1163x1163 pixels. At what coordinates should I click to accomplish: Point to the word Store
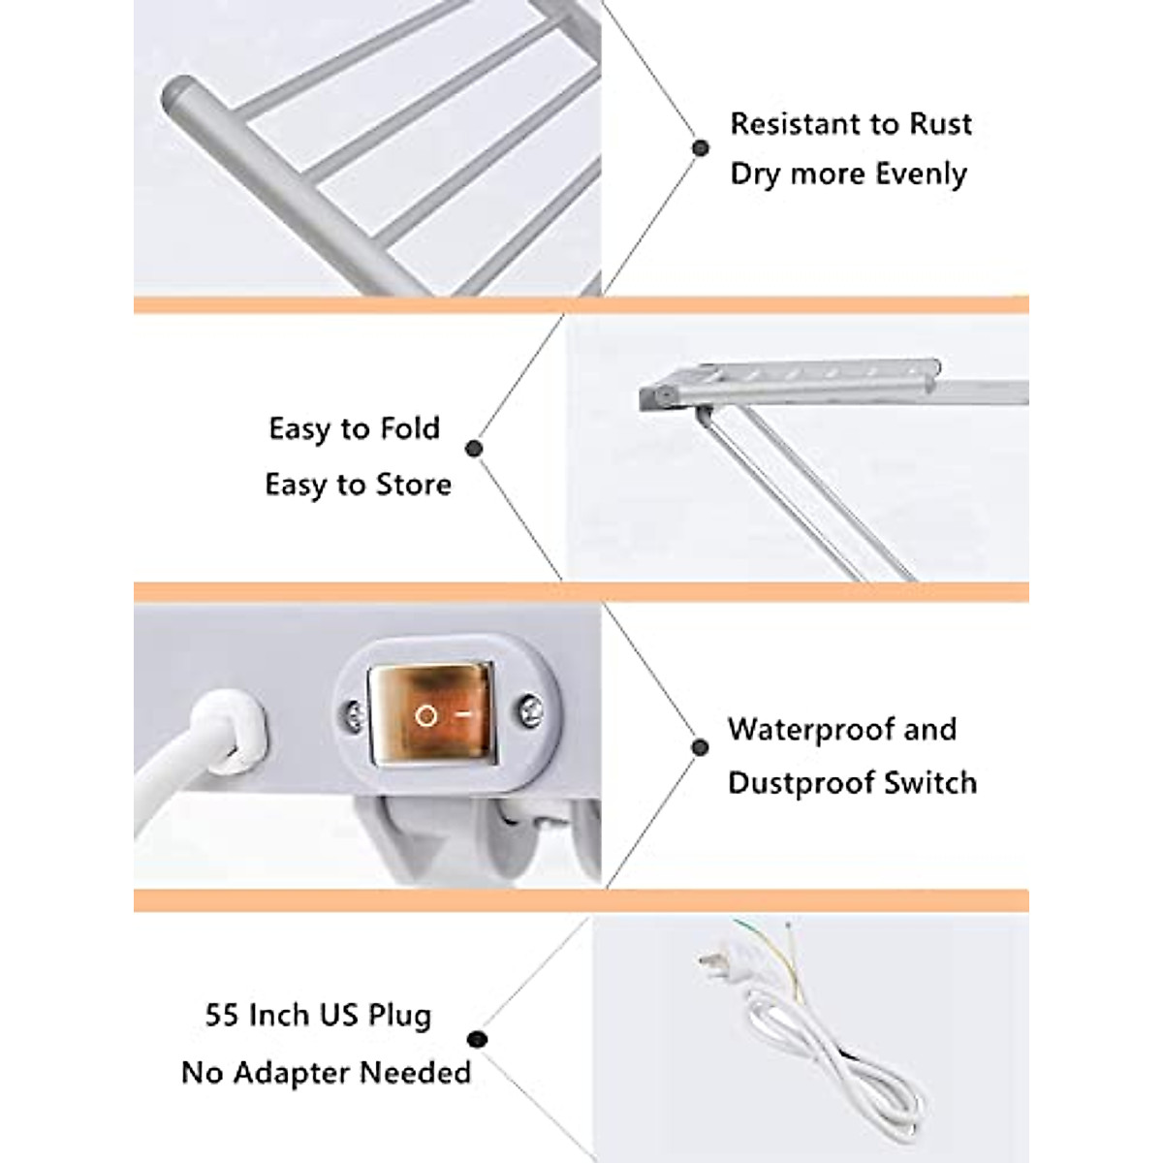[413, 485]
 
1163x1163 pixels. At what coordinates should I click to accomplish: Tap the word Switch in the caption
[936, 783]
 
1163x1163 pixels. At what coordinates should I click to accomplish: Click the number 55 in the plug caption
[223, 1016]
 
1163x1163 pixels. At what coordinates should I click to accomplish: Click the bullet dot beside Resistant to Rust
[700, 148]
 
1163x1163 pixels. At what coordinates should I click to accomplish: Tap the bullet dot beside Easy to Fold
[474, 449]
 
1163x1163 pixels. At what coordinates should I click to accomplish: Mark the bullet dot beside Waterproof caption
[700, 747]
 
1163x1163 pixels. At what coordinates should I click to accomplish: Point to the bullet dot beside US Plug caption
[477, 1041]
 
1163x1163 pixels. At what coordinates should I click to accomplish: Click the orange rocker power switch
[431, 714]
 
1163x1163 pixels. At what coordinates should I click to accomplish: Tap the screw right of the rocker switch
[529, 710]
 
